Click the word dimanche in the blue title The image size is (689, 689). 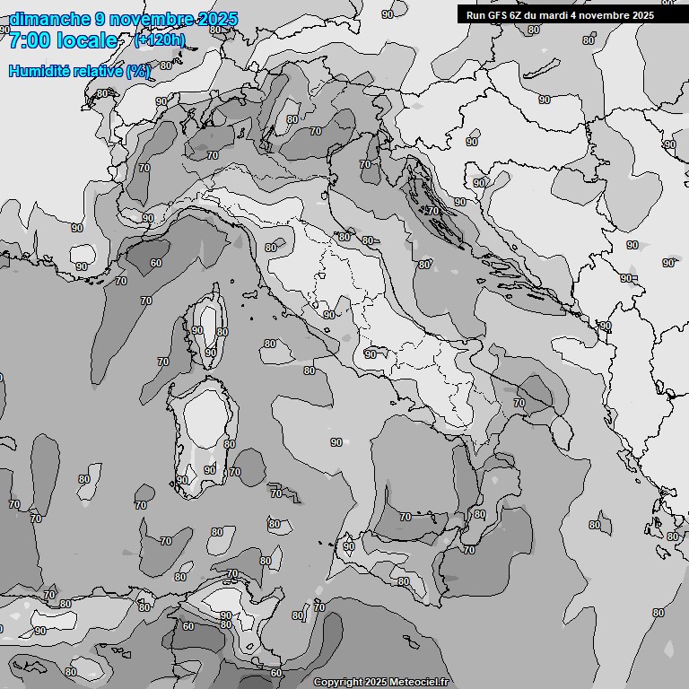(49, 19)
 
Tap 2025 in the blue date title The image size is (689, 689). (219, 19)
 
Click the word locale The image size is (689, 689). (87, 40)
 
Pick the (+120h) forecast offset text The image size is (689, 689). (160, 40)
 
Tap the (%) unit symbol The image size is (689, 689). (138, 71)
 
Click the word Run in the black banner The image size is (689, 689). (476, 15)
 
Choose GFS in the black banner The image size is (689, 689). (498, 15)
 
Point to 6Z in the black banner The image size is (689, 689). (518, 15)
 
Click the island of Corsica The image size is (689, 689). (206, 327)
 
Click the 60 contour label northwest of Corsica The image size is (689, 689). (156, 263)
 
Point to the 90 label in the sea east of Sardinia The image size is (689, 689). (336, 442)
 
